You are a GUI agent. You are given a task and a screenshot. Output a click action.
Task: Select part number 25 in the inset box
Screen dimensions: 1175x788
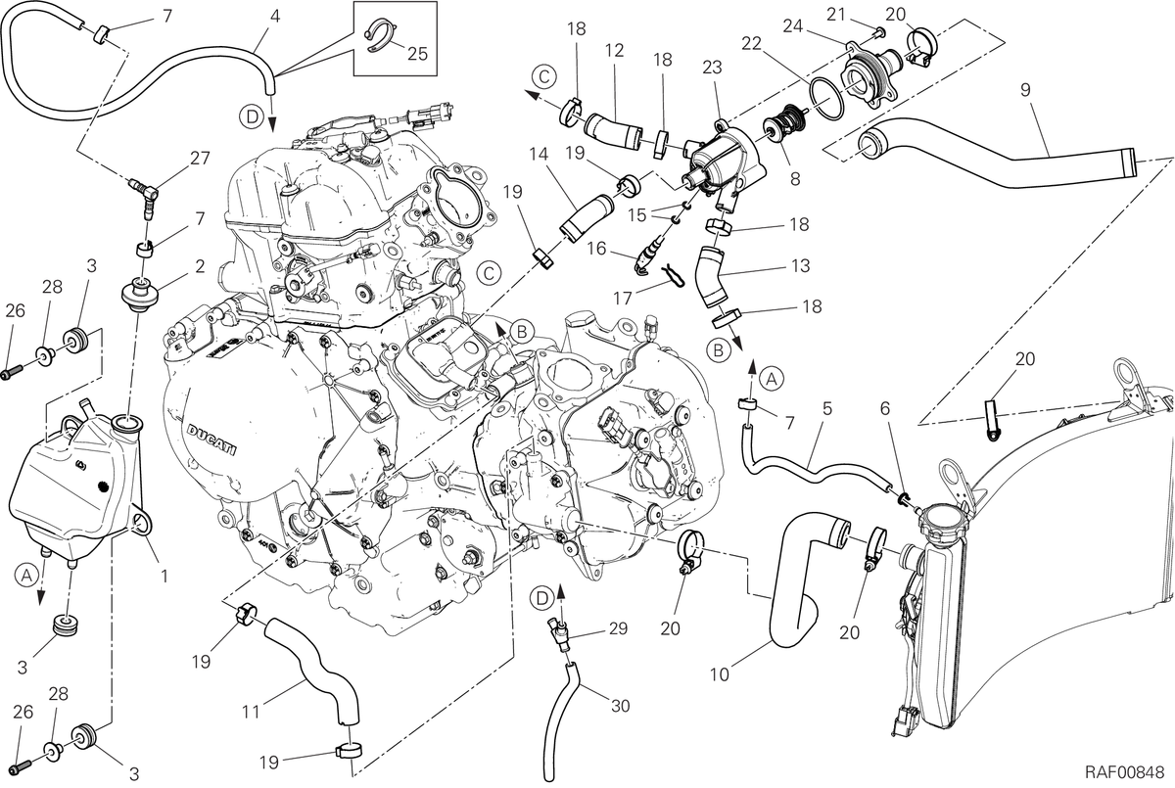(x=417, y=54)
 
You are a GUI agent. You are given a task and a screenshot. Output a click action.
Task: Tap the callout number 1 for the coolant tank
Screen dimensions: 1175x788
(x=164, y=577)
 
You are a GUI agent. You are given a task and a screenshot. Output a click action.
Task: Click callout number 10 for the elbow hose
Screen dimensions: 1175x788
(x=720, y=674)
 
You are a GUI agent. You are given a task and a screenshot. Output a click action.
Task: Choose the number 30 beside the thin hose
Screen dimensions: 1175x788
(x=621, y=706)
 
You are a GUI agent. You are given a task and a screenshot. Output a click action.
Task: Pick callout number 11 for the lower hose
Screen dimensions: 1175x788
(x=252, y=712)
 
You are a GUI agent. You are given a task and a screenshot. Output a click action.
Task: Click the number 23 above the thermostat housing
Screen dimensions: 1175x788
(x=713, y=68)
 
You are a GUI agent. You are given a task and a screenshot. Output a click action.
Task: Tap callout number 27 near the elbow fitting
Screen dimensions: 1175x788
(x=200, y=158)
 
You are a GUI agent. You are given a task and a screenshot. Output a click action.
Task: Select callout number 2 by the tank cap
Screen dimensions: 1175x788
(x=200, y=266)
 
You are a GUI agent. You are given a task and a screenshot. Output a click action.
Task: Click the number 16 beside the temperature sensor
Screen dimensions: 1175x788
(x=596, y=249)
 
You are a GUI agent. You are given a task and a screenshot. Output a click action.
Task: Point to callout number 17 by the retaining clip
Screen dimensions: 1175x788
(x=623, y=299)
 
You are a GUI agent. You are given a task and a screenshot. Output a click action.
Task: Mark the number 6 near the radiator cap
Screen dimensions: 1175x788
(x=885, y=409)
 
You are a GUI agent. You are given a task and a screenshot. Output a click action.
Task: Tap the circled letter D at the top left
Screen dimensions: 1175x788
(x=253, y=116)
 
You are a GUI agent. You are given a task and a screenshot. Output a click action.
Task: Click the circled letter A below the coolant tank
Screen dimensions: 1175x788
(x=25, y=576)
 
